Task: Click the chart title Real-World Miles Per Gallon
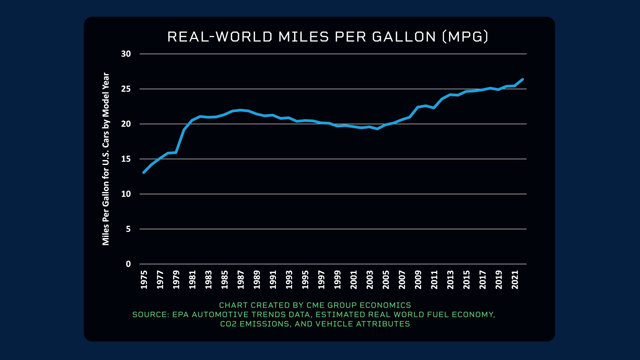tap(328, 37)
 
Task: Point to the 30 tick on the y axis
tap(126, 54)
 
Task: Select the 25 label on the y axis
tap(126, 89)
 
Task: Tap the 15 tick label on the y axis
tap(126, 159)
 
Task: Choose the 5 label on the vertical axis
tap(128, 229)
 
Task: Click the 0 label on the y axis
tap(128, 264)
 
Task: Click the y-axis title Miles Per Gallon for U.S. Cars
tap(106, 159)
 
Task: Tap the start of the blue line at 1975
tap(144, 172)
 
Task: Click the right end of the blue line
tap(522, 79)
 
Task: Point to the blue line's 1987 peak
tap(241, 110)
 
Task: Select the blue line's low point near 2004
tap(377, 129)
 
